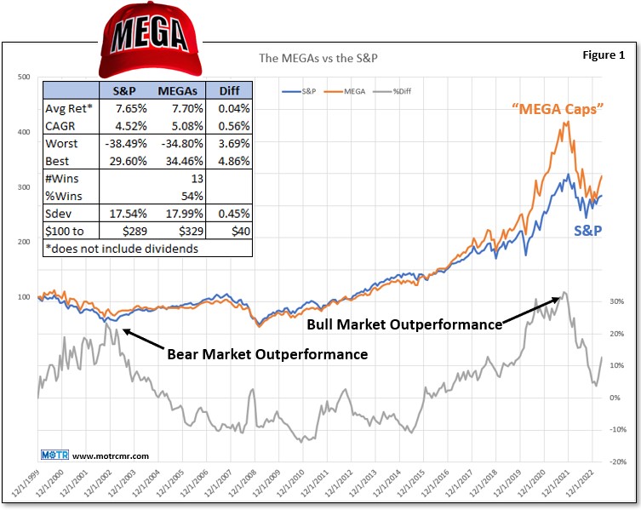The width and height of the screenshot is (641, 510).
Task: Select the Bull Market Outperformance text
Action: tap(403, 324)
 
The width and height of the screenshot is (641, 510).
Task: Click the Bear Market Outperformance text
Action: tap(267, 353)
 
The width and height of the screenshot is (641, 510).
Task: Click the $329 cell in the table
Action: tap(180, 231)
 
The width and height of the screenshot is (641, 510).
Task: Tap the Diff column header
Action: tap(230, 91)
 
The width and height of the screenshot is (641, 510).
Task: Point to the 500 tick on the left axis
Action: tap(23, 77)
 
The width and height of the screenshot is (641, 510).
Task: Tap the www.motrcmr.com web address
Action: tap(93, 456)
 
